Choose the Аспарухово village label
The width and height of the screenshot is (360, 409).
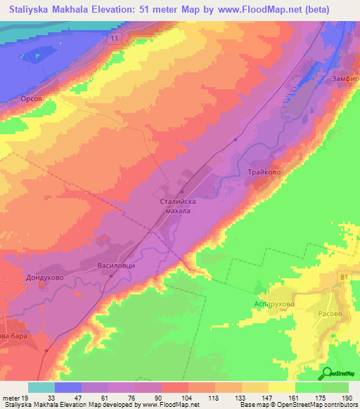point(274,304)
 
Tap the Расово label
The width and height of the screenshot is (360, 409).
point(330,304)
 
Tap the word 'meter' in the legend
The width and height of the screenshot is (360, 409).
point(12,398)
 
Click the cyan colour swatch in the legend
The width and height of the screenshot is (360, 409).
point(41,387)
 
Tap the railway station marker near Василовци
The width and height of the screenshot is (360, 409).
point(110,275)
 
